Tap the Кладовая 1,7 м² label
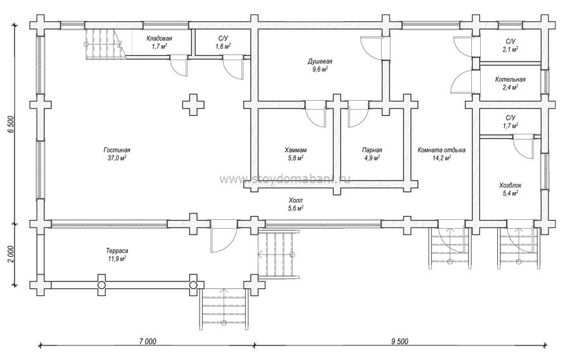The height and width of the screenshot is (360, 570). click(x=159, y=42)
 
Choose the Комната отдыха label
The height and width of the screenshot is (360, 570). click(x=441, y=150)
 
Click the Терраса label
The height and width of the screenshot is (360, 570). click(x=117, y=251)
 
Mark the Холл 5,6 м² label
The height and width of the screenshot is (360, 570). click(x=296, y=204)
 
